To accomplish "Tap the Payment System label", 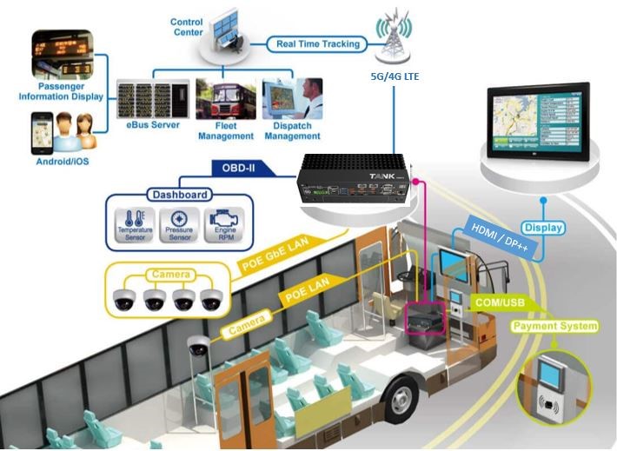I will tap(554, 326).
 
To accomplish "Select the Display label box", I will tap(543, 228).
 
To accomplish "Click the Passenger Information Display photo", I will tap(63, 56).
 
